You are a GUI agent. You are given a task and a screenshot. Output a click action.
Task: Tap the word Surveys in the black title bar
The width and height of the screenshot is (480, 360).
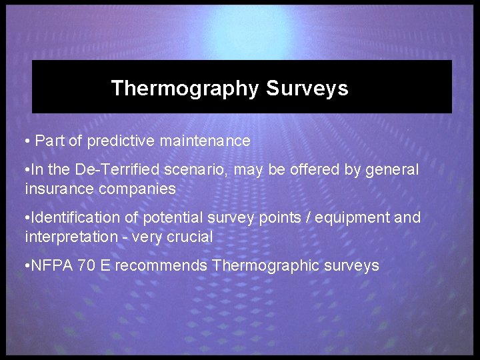[307, 89]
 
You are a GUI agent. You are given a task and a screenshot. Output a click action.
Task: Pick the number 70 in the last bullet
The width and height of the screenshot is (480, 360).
[86, 266]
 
